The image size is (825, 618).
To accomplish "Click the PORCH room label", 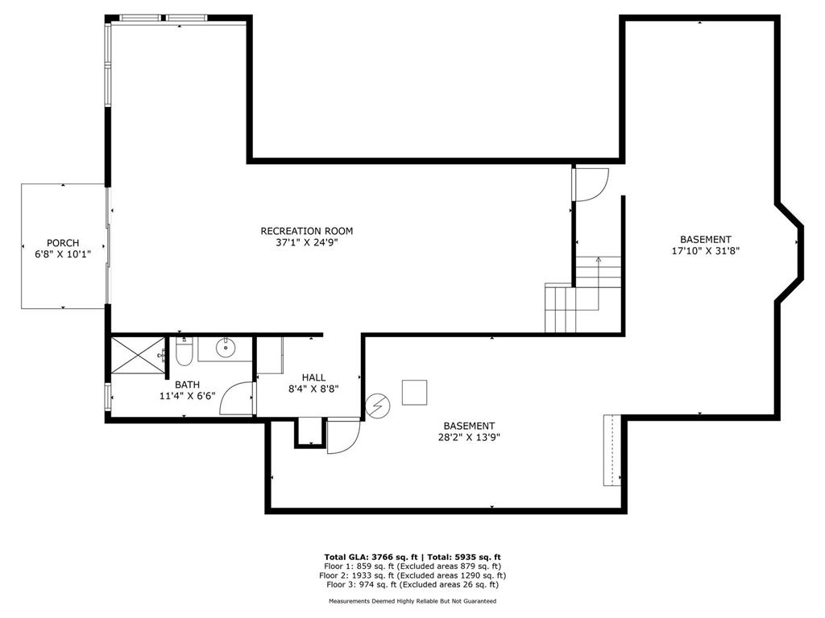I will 63,243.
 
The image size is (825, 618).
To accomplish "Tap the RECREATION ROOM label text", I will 306,231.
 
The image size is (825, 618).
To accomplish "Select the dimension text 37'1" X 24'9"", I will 306,242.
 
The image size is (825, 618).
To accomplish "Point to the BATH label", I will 187,385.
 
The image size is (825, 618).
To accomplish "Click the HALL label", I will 313,377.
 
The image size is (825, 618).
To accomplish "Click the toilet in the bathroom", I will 184,352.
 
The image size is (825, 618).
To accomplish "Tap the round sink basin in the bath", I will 225,348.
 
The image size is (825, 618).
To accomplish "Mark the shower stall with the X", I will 137,356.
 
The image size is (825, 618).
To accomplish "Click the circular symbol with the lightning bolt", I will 376,406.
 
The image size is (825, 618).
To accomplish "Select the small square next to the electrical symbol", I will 416,392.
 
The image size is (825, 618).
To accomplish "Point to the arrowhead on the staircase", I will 598,260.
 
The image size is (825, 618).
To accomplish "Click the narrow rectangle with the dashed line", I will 613,450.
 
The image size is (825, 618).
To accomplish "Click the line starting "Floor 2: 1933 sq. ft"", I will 412,575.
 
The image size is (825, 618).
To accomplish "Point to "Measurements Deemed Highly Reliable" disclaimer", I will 412,601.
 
